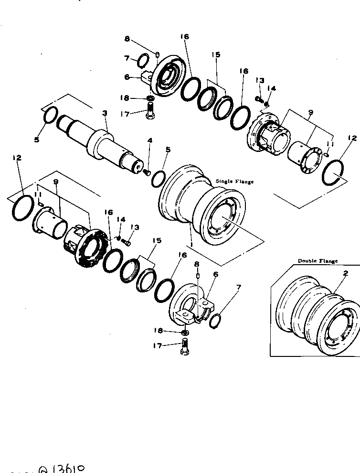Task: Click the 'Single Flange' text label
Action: tap(234, 182)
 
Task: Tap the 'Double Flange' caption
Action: tap(318, 261)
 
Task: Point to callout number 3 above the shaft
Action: tap(105, 113)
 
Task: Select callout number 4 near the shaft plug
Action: tap(149, 141)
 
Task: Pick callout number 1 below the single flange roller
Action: tap(191, 245)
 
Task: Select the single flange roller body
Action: tap(201, 205)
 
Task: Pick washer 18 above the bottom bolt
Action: tap(185, 332)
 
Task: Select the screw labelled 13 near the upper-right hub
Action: tap(259, 100)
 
